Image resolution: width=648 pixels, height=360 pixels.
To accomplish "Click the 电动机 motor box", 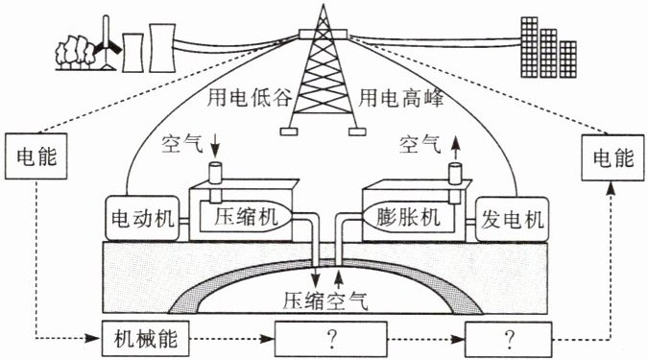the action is point(143,218).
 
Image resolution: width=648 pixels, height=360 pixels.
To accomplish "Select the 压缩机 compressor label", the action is point(246,217).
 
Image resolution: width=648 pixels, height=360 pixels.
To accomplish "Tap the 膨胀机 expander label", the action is point(408,217).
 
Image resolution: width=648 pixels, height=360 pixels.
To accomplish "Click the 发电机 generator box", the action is point(512,219).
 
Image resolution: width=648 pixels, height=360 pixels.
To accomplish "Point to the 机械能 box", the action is point(146,339).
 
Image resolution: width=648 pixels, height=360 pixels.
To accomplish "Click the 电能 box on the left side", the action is point(36,156).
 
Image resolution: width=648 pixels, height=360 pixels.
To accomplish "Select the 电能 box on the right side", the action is point(612,157).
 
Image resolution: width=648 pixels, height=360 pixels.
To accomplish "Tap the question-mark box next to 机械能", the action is point(331,339).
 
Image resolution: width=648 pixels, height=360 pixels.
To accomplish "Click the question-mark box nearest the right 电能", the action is point(508,340).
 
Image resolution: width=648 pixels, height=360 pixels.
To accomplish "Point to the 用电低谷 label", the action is point(250,98).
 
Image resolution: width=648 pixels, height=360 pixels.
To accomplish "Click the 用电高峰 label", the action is point(401,98).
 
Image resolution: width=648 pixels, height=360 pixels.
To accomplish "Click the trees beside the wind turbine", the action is point(75,52).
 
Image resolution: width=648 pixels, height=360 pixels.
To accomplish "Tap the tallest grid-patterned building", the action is point(529,47).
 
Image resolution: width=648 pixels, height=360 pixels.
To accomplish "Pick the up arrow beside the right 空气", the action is point(455,148).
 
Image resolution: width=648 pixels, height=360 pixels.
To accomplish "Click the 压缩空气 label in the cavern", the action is point(325,300).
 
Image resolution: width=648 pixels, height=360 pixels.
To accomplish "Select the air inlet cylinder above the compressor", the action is point(216,173).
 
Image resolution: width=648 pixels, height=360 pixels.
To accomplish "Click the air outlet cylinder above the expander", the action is point(455,174).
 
